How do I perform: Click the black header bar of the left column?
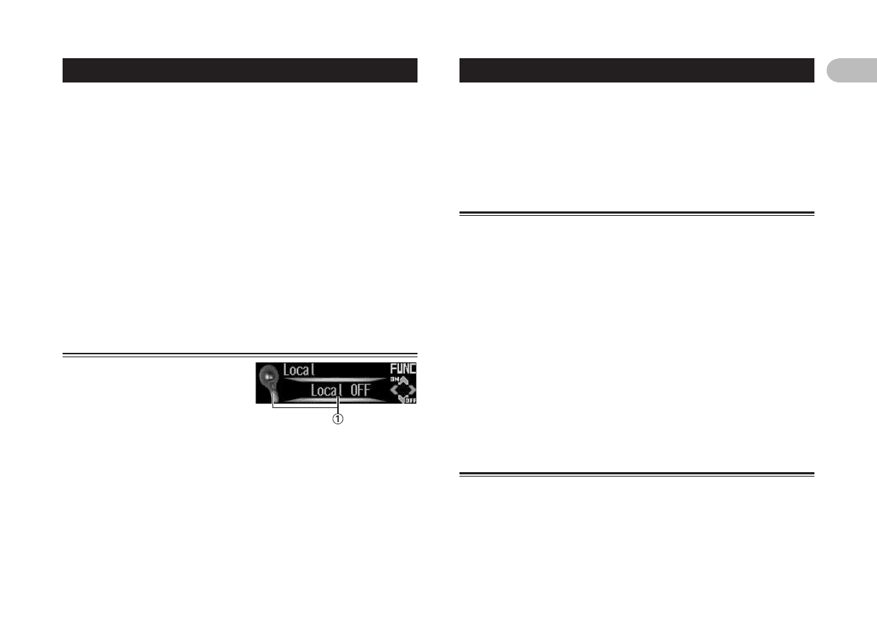pyautogui.click(x=240, y=70)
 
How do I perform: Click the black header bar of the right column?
pyautogui.click(x=636, y=70)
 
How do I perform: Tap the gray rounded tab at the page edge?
pyautogui.click(x=851, y=70)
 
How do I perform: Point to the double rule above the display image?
pyautogui.click(x=240, y=354)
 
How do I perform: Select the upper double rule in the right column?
pyautogui.click(x=636, y=214)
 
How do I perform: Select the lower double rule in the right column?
pyautogui.click(x=636, y=474)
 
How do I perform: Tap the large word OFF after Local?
pyautogui.click(x=359, y=390)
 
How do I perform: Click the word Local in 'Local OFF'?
pyautogui.click(x=326, y=390)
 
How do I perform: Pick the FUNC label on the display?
pyautogui.click(x=403, y=369)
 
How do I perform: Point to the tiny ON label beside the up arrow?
pyautogui.click(x=394, y=379)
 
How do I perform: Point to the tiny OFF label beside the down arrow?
pyautogui.click(x=410, y=400)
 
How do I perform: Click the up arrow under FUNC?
pyautogui.click(x=403, y=380)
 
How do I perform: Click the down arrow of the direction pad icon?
pyautogui.click(x=402, y=398)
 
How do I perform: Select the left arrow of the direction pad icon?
pyautogui.click(x=393, y=389)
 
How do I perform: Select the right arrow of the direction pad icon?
pyautogui.click(x=412, y=389)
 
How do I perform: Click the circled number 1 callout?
pyautogui.click(x=338, y=419)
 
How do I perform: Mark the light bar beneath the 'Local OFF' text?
pyautogui.click(x=335, y=400)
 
